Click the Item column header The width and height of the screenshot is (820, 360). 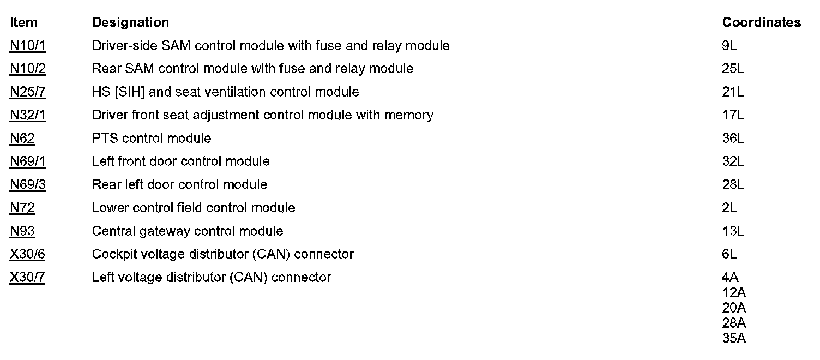pyautogui.click(x=23, y=22)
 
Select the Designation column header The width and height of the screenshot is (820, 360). pyautogui.click(x=130, y=22)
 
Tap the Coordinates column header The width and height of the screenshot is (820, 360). pyautogui.click(x=761, y=22)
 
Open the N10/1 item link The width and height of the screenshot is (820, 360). pyautogui.click(x=28, y=46)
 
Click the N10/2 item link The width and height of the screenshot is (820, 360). pyautogui.click(x=28, y=69)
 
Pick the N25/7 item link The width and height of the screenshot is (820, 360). pyautogui.click(x=28, y=92)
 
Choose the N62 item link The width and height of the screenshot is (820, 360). pyautogui.click(x=22, y=139)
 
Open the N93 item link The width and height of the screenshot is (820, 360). pyautogui.click(x=22, y=231)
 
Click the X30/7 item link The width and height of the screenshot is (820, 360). pyautogui.click(x=28, y=278)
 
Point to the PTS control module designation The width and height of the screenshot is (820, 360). pyautogui.click(x=152, y=139)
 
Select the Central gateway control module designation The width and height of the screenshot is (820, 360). pyautogui.click(x=188, y=231)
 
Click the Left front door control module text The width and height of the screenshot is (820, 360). pyautogui.click(x=180, y=161)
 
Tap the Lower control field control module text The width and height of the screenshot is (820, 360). pyautogui.click(x=194, y=208)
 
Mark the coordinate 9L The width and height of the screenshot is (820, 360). pyautogui.click(x=729, y=46)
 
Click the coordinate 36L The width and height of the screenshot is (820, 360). pyautogui.click(x=733, y=139)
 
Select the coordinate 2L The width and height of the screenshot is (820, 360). pyautogui.click(x=729, y=208)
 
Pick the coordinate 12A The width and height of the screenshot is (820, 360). pyautogui.click(x=734, y=292)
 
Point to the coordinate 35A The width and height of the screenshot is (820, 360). pyautogui.click(x=734, y=338)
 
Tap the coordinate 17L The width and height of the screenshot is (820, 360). pyautogui.click(x=733, y=115)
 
